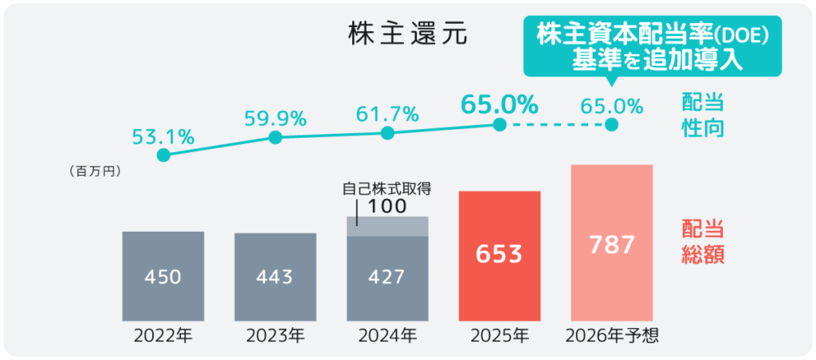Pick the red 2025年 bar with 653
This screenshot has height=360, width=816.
(x=500, y=255)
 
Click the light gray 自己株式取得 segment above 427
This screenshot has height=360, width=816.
(x=387, y=226)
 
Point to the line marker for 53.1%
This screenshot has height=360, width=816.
(x=163, y=155)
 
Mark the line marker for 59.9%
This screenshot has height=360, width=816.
(x=276, y=137)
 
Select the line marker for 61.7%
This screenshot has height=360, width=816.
(x=387, y=133)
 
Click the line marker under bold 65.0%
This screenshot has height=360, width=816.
(x=500, y=125)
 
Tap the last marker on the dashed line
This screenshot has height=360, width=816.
(x=612, y=125)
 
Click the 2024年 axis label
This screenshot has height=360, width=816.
(x=387, y=335)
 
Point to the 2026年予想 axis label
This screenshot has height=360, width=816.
(x=612, y=335)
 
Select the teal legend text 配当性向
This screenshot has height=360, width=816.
(x=703, y=115)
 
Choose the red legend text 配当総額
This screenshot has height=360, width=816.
(x=703, y=243)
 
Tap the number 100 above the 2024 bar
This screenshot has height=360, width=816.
(x=388, y=205)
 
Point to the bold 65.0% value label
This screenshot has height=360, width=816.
(x=500, y=104)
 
